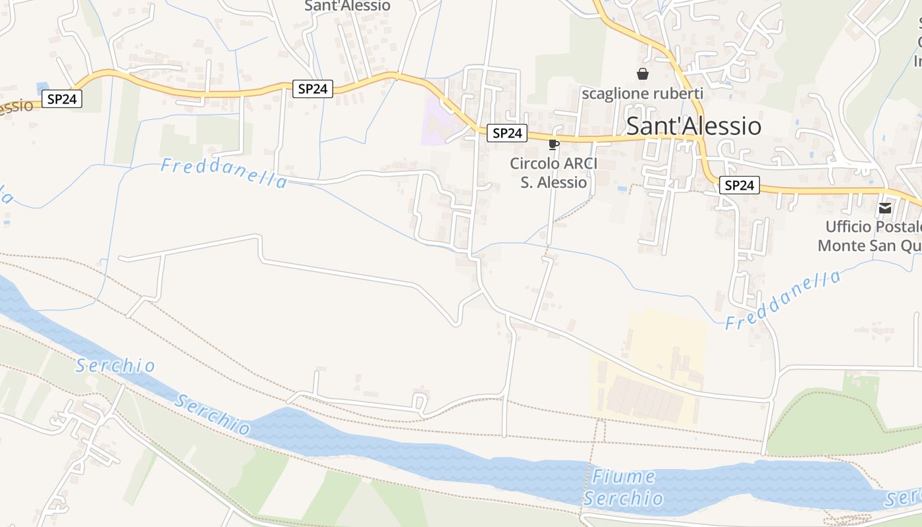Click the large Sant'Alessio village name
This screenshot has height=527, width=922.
(x=693, y=126)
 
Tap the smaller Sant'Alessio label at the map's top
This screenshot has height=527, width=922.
(x=347, y=6)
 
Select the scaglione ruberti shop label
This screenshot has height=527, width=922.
(x=642, y=94)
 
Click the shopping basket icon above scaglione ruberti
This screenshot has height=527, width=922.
(x=643, y=74)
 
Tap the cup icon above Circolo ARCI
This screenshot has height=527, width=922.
(x=554, y=144)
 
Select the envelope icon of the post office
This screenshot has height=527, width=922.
(x=885, y=208)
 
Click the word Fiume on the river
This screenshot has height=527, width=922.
(x=624, y=477)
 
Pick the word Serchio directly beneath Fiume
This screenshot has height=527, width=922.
(x=623, y=499)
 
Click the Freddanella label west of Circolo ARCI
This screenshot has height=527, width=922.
(x=224, y=173)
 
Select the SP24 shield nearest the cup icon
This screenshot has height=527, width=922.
(x=507, y=133)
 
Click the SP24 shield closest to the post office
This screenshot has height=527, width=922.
(x=738, y=186)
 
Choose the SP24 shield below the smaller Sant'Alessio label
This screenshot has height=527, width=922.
(x=313, y=89)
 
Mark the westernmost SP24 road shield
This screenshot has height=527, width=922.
(x=63, y=99)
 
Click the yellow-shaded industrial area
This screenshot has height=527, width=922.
(x=665, y=343)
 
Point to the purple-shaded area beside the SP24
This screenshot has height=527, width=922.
(x=435, y=122)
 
